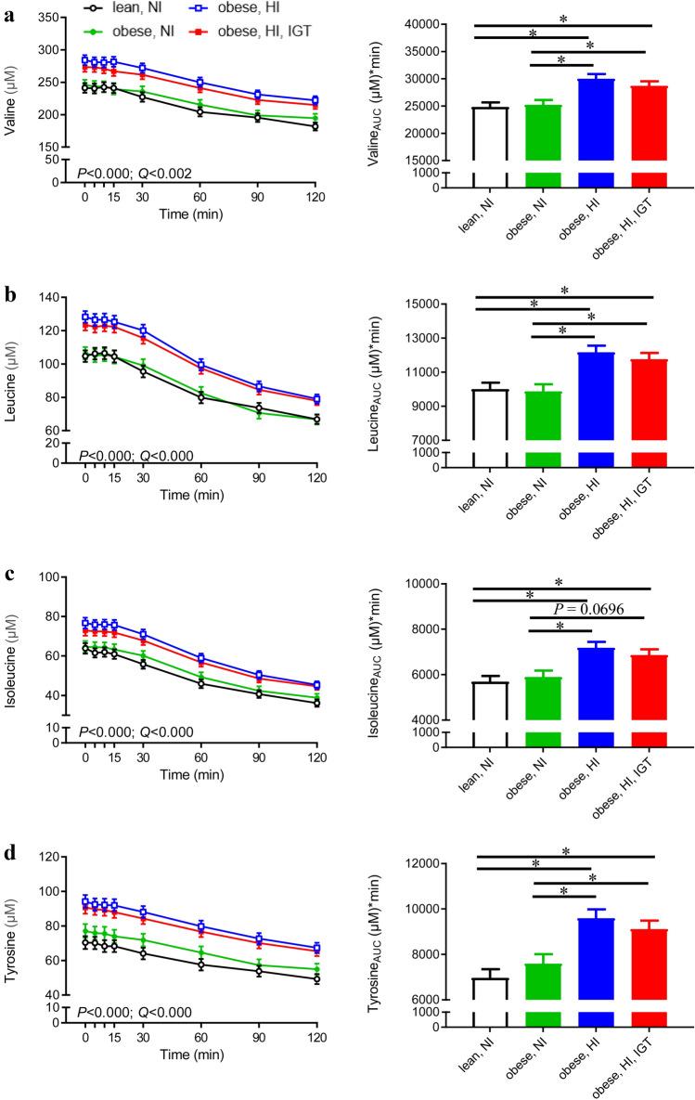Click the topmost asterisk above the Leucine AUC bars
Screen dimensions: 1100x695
pyautogui.click(x=564, y=290)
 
